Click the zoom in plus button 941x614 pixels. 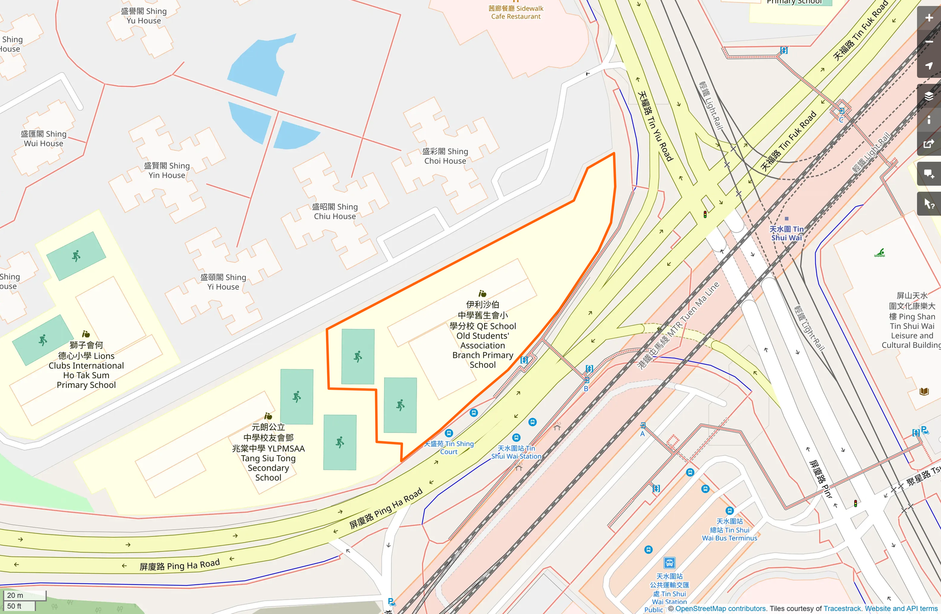(929, 18)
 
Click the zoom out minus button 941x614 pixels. (929, 42)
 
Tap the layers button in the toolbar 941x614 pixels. (929, 96)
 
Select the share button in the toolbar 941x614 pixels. (929, 144)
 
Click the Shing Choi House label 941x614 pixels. (445, 156)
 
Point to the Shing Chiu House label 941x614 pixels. (335, 211)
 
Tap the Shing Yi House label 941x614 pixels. (223, 282)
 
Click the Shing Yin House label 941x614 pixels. (167, 170)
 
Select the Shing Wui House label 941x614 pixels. (43, 139)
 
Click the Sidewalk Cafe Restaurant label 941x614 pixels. (515, 12)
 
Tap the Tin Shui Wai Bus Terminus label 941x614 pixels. (729, 530)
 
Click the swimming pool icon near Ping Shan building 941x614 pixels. (880, 253)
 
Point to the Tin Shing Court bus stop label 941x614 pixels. (449, 447)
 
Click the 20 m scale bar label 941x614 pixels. (15, 595)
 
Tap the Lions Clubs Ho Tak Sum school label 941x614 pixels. (86, 365)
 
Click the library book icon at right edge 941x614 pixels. (924, 391)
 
